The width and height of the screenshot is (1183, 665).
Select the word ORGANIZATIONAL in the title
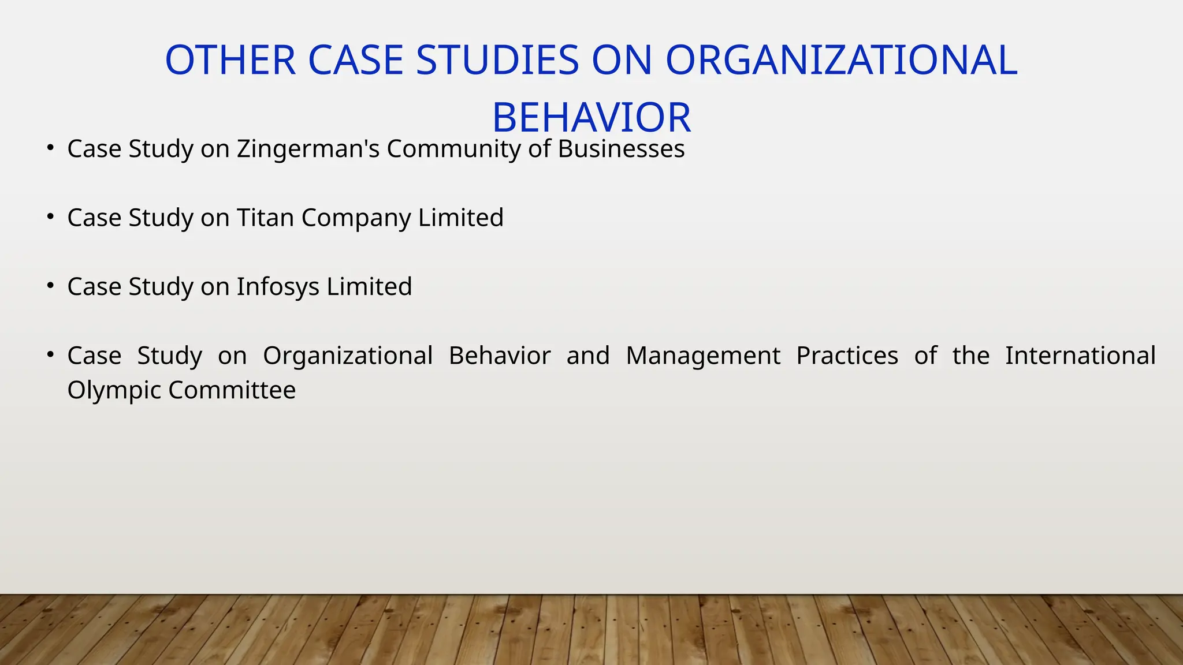(841, 61)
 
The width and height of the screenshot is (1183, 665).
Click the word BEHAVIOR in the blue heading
(591, 118)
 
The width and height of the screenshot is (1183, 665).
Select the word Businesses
(621, 149)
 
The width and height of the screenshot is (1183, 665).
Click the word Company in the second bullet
(356, 218)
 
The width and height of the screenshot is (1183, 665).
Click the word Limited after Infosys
(369, 287)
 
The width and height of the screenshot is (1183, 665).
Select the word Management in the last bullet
(703, 356)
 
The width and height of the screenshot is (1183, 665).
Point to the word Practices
(847, 356)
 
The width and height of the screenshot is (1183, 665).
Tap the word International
(1080, 356)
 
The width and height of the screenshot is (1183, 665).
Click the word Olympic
(114, 391)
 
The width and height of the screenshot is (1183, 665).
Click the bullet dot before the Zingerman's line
(51, 148)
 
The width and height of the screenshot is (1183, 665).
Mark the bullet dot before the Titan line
(51, 216)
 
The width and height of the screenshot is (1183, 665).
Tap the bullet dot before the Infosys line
(51, 285)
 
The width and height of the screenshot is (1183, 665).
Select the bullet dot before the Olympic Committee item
(51, 354)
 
